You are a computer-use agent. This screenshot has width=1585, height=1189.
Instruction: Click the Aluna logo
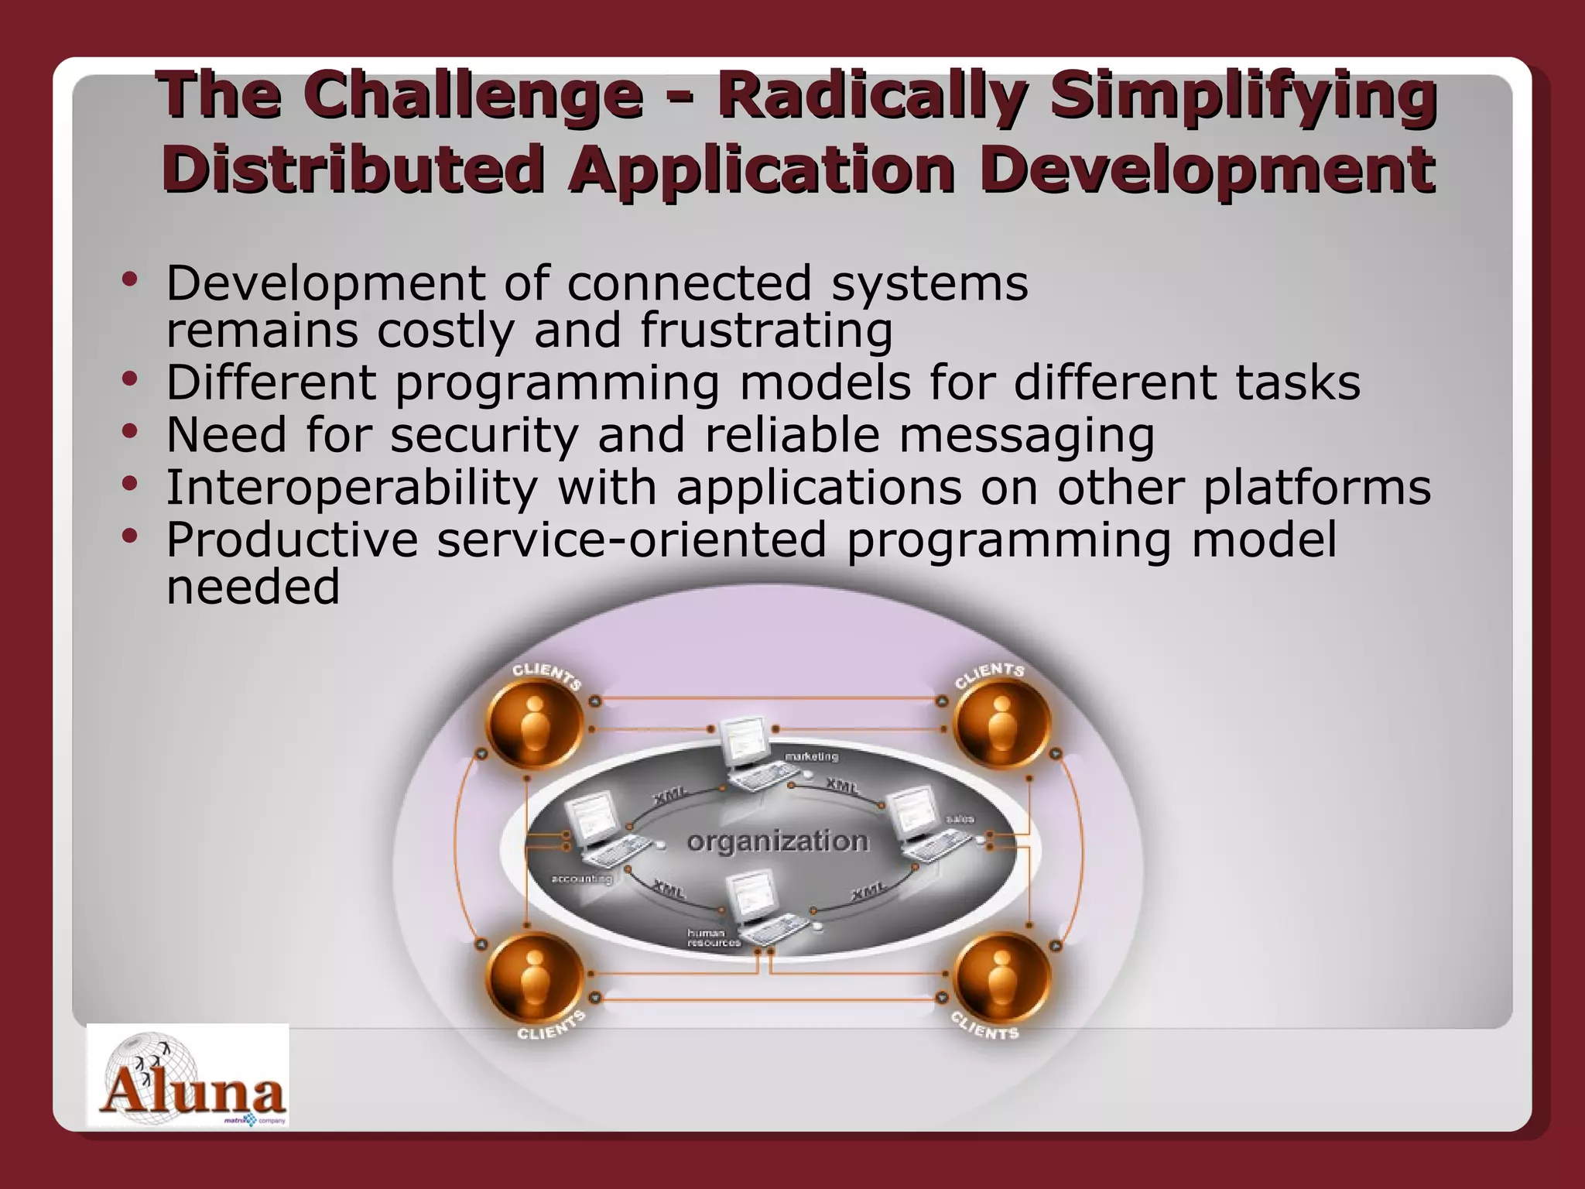point(187,1076)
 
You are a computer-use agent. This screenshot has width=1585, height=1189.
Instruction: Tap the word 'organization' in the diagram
point(778,841)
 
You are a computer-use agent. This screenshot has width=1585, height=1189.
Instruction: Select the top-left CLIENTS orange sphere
point(534,723)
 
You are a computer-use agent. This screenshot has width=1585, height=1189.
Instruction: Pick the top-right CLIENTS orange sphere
point(1001,723)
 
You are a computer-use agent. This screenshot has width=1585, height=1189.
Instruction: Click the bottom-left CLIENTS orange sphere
point(534,977)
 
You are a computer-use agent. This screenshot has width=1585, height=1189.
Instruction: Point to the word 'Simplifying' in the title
point(1244,97)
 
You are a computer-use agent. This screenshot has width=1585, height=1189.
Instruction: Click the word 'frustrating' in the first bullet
point(766,331)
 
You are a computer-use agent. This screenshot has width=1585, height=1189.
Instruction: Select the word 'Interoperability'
point(352,488)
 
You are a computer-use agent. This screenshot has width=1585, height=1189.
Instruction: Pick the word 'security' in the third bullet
point(484,435)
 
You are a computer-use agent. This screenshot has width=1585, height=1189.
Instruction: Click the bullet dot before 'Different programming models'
point(130,379)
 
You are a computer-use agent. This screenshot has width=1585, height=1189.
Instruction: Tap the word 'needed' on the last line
point(253,587)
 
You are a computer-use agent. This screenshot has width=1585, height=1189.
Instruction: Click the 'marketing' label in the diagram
point(811,756)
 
